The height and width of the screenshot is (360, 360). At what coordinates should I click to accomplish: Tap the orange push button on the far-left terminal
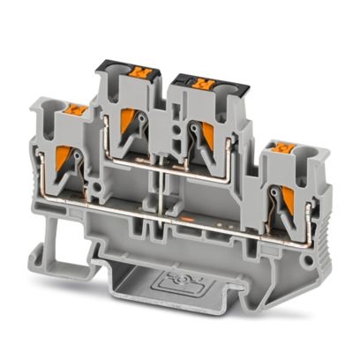click(x=76, y=111)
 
